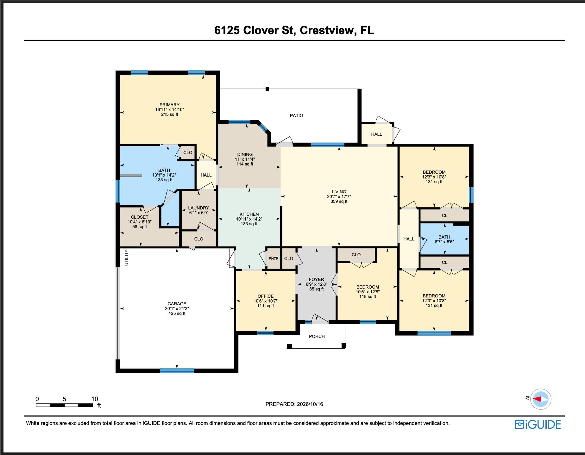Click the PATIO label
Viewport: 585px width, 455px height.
[296, 115]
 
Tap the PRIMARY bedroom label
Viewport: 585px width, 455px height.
[169, 105]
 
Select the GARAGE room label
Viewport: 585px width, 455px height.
[177, 304]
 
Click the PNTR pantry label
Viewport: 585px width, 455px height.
[274, 259]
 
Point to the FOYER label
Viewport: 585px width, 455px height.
[316, 279]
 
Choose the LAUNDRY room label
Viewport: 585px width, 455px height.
[198, 208]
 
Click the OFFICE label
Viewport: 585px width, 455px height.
[265, 296]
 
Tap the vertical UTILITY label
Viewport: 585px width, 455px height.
[127, 258]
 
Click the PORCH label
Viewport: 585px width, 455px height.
[317, 336]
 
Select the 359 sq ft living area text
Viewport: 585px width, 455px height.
[339, 201]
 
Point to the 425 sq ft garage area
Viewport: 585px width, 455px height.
[177, 313]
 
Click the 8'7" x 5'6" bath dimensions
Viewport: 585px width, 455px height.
[444, 242]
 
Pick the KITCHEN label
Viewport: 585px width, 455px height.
[249, 214]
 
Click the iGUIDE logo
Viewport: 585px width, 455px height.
[538, 424]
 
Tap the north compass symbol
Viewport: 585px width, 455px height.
[541, 399]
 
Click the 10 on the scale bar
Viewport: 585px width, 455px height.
[95, 399]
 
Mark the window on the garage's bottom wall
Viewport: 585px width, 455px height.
[177, 371]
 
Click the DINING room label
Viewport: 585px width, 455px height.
[245, 154]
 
